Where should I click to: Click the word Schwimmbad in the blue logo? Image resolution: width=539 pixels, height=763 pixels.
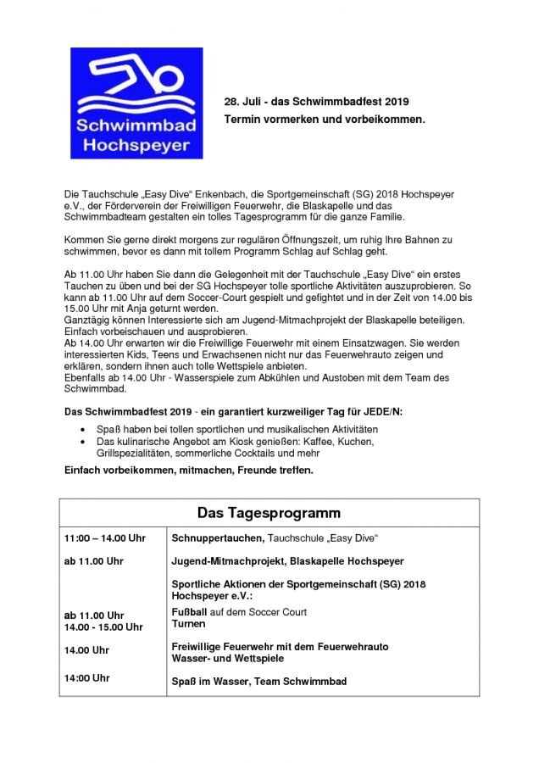[x=136, y=126]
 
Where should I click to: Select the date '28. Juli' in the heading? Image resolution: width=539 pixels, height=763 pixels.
[x=243, y=101]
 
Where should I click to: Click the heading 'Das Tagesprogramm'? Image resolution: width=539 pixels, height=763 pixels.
[x=269, y=513]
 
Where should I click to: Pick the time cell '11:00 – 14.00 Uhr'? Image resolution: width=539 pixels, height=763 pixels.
[x=105, y=538]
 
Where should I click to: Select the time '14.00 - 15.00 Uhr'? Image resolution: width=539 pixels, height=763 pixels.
[x=103, y=627]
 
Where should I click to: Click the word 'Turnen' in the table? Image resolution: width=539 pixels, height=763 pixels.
[x=188, y=624]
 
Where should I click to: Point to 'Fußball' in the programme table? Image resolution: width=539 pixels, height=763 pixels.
[x=189, y=612]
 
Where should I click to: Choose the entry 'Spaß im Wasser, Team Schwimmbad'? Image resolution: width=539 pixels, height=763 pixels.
[x=258, y=682]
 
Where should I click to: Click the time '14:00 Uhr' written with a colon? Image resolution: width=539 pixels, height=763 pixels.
[x=87, y=678]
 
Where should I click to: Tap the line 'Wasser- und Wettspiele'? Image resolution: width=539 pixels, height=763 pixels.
[x=227, y=659]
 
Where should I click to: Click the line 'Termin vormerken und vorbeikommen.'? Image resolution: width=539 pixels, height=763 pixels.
[x=324, y=120]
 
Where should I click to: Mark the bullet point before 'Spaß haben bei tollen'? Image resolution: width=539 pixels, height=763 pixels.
[x=82, y=431]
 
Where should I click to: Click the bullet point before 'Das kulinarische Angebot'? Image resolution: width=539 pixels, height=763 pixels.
[x=82, y=443]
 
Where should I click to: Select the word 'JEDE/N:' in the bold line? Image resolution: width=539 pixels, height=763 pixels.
[x=385, y=412]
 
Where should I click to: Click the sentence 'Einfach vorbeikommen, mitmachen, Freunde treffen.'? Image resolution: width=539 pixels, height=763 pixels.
[x=189, y=470]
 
